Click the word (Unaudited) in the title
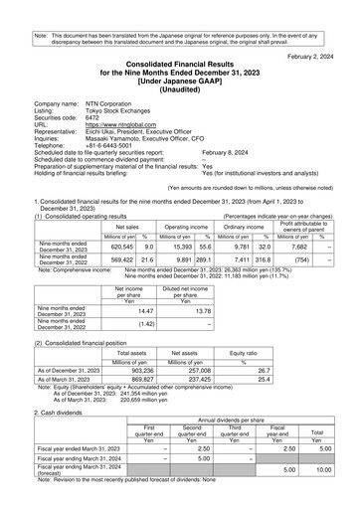point(180,86)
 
